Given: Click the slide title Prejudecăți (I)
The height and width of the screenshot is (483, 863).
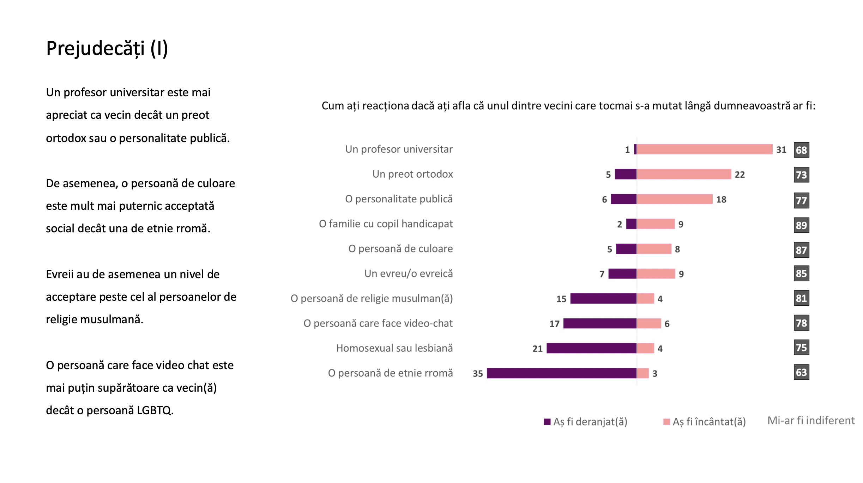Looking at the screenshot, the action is pyautogui.click(x=107, y=49).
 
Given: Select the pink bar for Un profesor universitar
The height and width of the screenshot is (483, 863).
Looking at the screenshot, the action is pyautogui.click(x=705, y=149).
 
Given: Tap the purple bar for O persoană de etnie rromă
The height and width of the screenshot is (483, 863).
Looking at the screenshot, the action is pyautogui.click(x=562, y=373).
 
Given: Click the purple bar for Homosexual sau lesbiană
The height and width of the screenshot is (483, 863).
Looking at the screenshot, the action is pyautogui.click(x=592, y=348).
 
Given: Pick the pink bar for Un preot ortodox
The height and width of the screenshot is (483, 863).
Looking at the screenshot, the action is pyautogui.click(x=684, y=174).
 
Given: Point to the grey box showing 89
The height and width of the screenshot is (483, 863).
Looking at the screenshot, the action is pyautogui.click(x=801, y=225).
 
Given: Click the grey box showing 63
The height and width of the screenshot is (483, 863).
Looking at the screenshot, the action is pyautogui.click(x=801, y=372).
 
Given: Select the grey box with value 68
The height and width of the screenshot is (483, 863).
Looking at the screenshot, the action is pyautogui.click(x=801, y=150).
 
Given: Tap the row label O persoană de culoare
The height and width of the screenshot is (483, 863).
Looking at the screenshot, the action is pyautogui.click(x=400, y=249).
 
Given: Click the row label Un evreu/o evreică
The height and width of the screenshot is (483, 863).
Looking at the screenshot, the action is pyautogui.click(x=409, y=274).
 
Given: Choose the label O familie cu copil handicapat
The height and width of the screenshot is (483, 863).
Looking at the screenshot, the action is pyautogui.click(x=386, y=224).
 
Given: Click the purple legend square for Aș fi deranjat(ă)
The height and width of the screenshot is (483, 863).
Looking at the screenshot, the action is pyautogui.click(x=547, y=422).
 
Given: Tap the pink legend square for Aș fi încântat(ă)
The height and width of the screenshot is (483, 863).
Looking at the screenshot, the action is pyautogui.click(x=666, y=422).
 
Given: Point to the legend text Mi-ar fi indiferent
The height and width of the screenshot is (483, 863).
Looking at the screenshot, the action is pyautogui.click(x=811, y=421).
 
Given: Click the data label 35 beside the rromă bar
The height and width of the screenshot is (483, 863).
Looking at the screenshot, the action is pyautogui.click(x=478, y=374).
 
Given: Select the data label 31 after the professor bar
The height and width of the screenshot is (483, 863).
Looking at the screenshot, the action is pyautogui.click(x=781, y=150).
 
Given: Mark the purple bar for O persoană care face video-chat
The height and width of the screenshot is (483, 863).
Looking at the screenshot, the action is pyautogui.click(x=600, y=323).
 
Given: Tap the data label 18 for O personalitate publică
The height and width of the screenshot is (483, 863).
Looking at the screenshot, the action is pyautogui.click(x=721, y=200).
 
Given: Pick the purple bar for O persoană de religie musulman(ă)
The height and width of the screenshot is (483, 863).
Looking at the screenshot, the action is pyautogui.click(x=604, y=299).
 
